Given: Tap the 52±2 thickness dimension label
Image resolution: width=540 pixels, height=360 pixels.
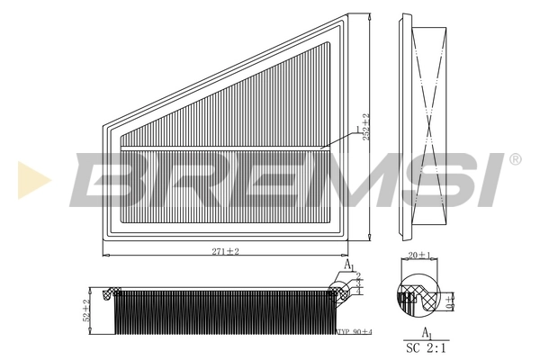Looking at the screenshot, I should click(x=87, y=310).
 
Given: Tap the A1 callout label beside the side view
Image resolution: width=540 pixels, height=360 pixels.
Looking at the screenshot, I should click(x=349, y=266).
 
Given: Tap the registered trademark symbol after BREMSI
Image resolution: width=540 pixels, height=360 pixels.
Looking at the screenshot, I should click(x=515, y=160).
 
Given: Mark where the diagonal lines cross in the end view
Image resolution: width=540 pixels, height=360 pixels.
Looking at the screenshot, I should click(x=429, y=126).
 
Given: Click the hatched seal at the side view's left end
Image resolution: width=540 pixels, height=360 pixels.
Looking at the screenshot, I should click(x=112, y=292).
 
